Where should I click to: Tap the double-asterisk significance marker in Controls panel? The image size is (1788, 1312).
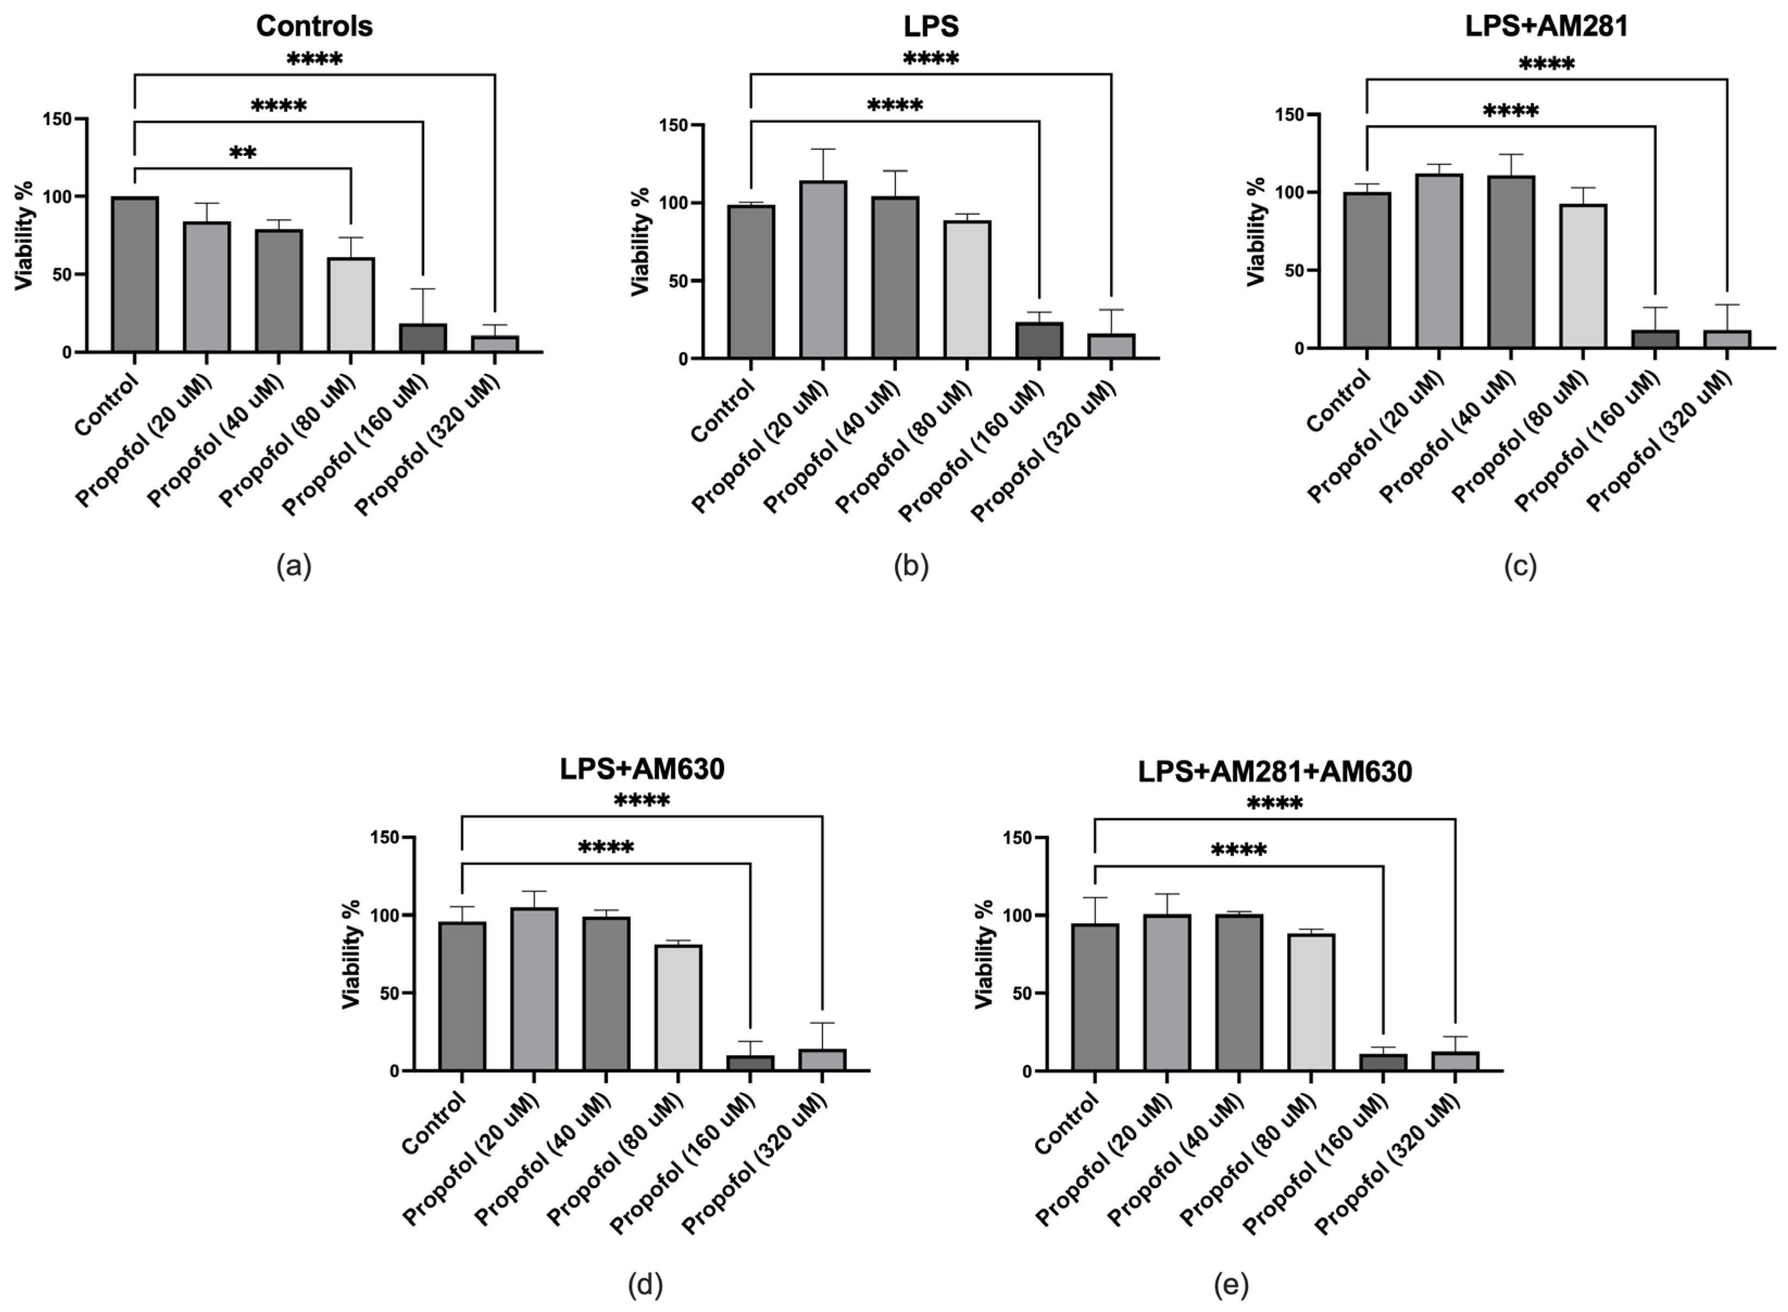point(242,153)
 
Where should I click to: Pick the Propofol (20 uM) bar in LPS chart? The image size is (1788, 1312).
point(823,270)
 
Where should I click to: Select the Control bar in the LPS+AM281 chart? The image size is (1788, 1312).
point(1366,270)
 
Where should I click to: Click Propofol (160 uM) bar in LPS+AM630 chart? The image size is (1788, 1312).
point(749,1063)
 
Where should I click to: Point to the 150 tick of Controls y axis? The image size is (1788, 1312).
point(57,119)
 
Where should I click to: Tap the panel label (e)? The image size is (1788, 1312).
point(1231,1284)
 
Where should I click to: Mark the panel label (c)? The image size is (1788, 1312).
point(1520,566)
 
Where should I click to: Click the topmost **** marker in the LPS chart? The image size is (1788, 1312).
point(930,59)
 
